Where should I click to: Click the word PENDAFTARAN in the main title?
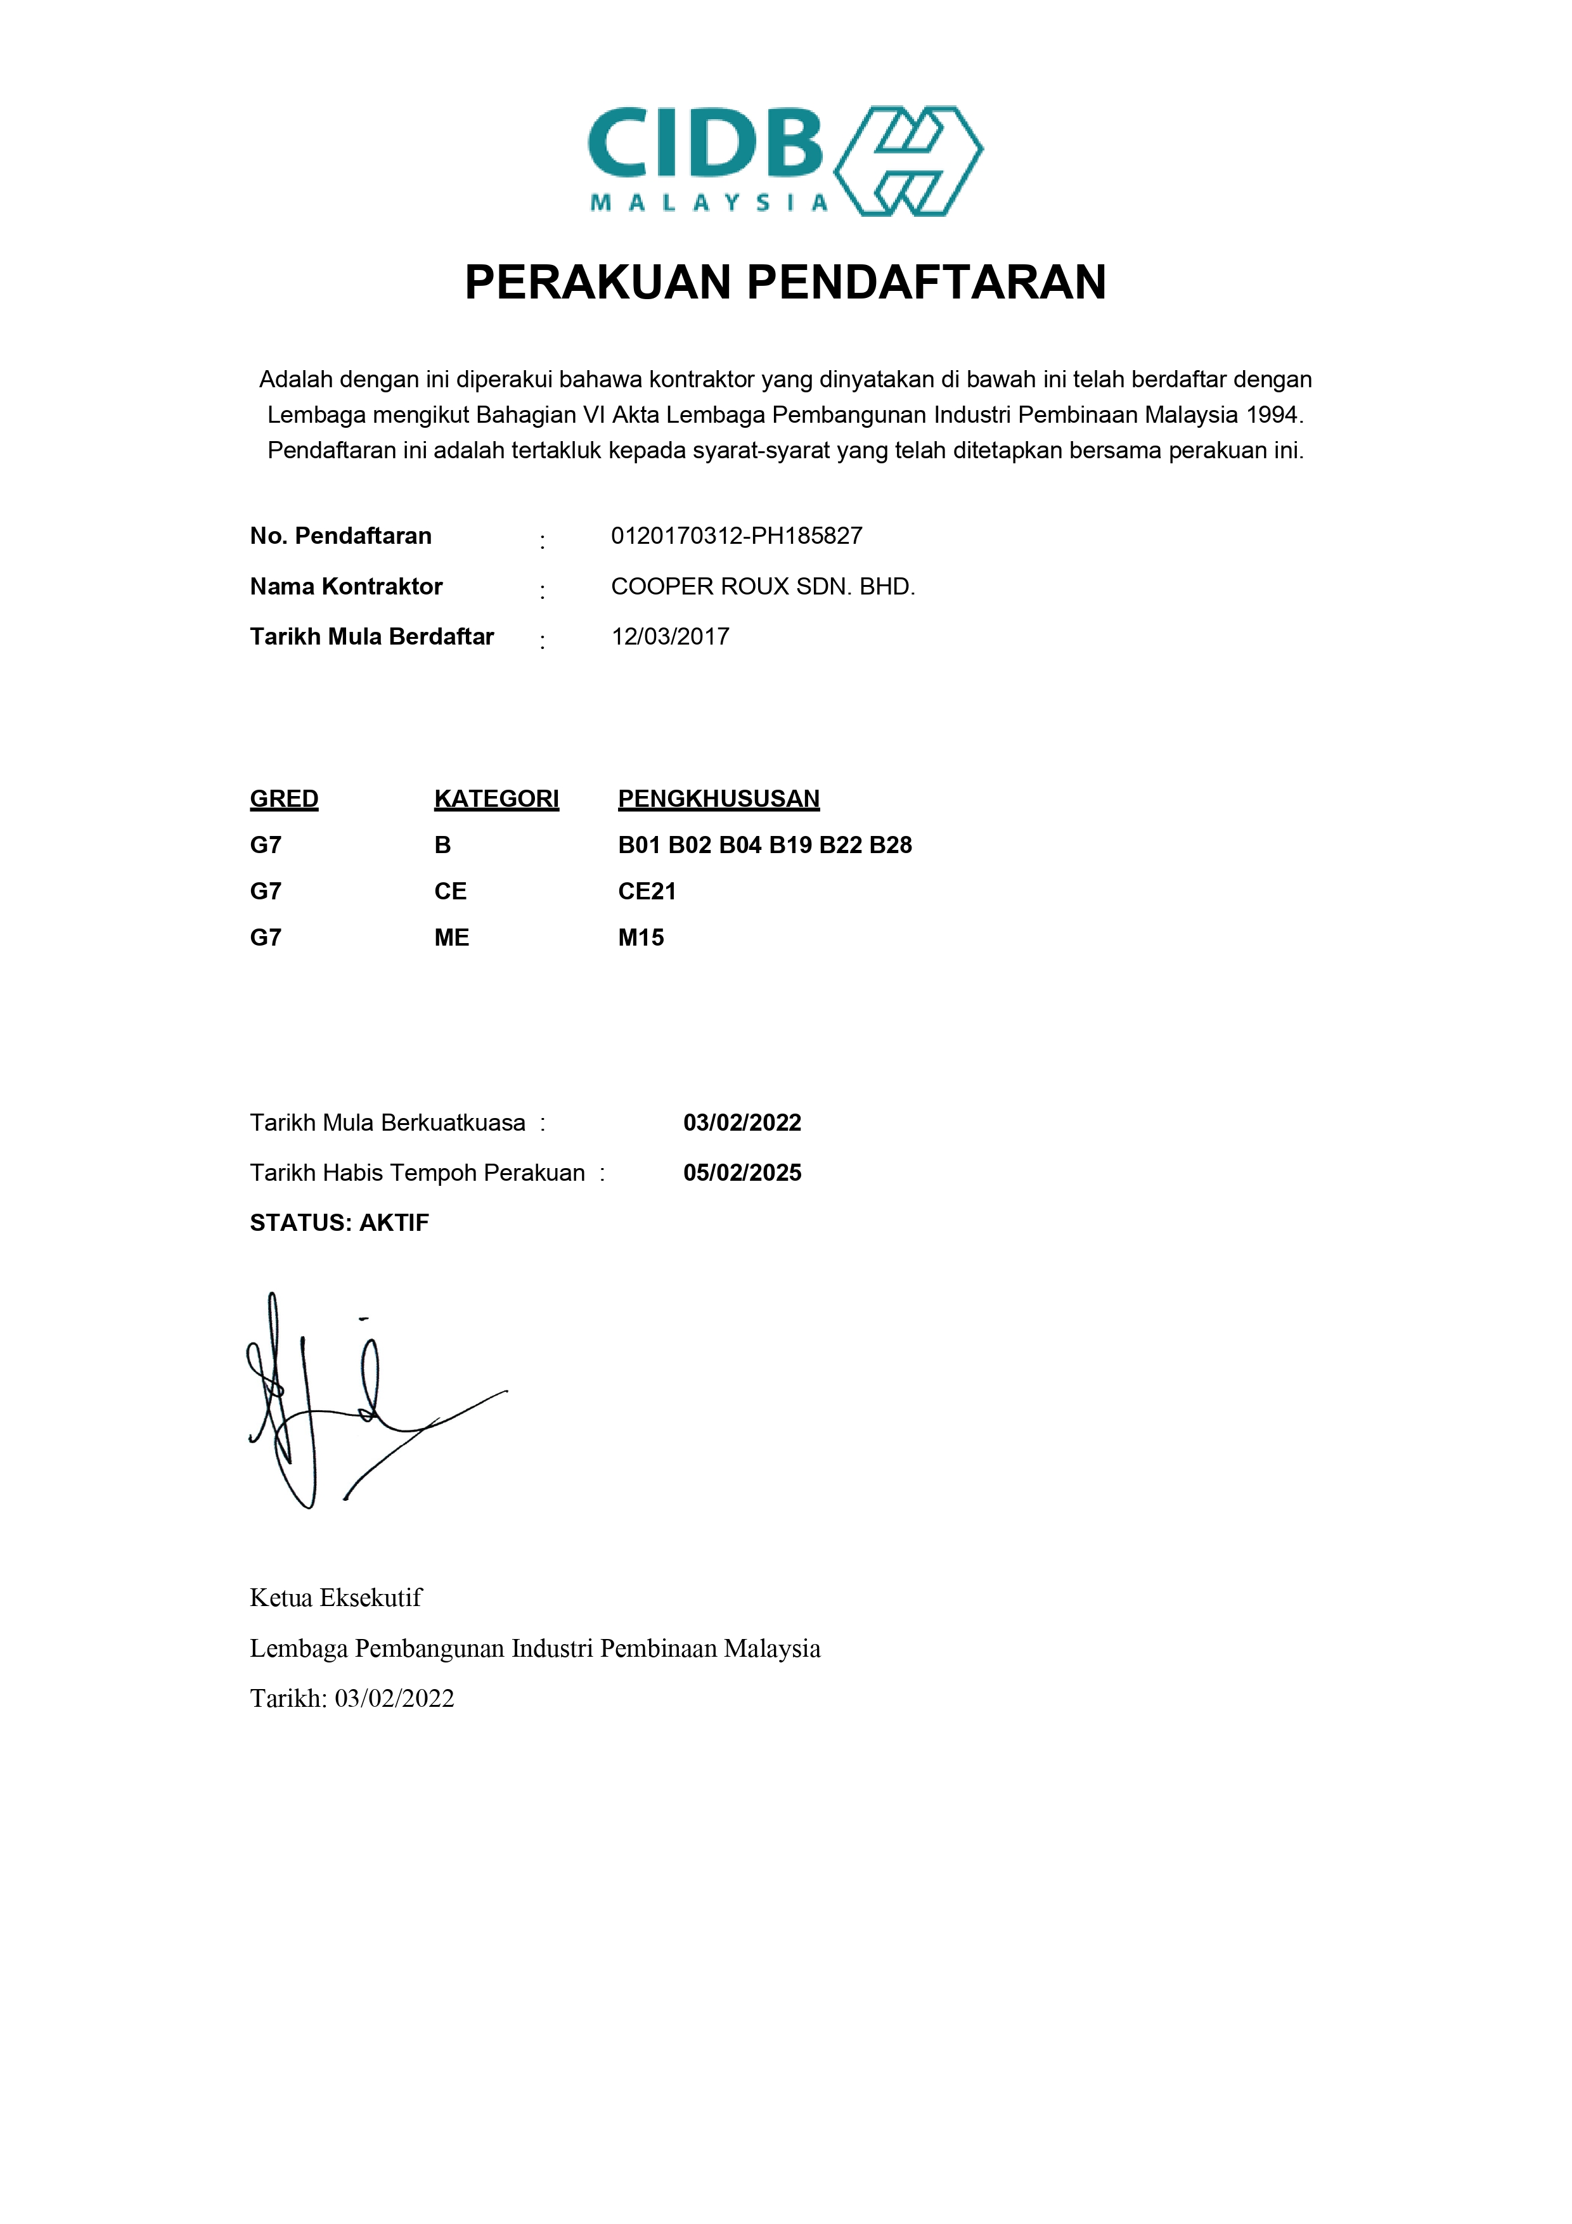click(926, 283)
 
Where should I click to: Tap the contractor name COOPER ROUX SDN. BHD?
click(763, 586)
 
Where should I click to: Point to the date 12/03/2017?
click(670, 636)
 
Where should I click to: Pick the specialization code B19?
click(790, 845)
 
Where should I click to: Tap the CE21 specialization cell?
click(647, 891)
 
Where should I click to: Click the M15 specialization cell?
click(641, 937)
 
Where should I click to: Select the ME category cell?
click(451, 937)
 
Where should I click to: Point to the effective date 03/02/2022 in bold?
click(742, 1122)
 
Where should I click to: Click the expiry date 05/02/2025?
click(742, 1173)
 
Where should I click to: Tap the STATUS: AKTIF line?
click(339, 1223)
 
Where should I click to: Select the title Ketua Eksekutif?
click(336, 1597)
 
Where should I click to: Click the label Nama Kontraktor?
click(346, 586)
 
